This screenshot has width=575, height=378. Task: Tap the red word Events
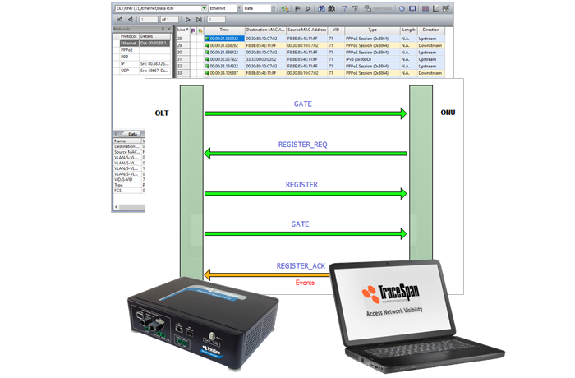point(305,283)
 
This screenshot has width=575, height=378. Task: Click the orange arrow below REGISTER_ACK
point(305,274)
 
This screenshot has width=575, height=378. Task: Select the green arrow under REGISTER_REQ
point(305,154)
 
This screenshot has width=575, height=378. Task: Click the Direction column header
point(429,29)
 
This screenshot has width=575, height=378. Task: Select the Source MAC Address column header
point(306,29)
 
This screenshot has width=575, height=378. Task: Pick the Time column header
point(223,29)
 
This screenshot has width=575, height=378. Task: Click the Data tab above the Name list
point(131,134)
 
